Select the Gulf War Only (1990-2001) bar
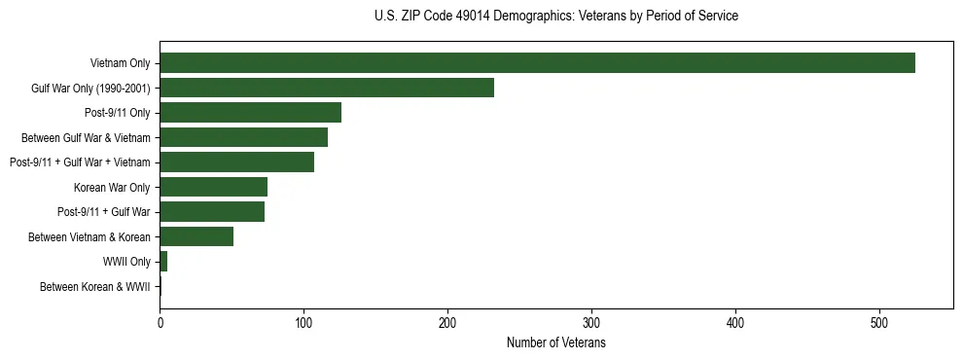[327, 88]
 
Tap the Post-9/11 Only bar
[250, 112]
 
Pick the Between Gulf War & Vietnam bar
[243, 137]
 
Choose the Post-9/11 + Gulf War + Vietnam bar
[236, 162]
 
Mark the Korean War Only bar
[213, 187]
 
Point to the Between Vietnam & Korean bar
[201, 236]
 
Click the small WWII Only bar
[163, 262]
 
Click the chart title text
[555, 16]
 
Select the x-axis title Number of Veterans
[555, 342]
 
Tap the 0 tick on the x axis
[160, 323]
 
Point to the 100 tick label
[303, 323]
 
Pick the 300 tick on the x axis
[591, 323]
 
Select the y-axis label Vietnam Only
[120, 63]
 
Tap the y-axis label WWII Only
[126, 262]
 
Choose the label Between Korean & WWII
[94, 287]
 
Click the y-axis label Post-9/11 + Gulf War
[103, 212]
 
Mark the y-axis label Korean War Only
[112, 187]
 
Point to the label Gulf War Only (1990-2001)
[90, 88]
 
